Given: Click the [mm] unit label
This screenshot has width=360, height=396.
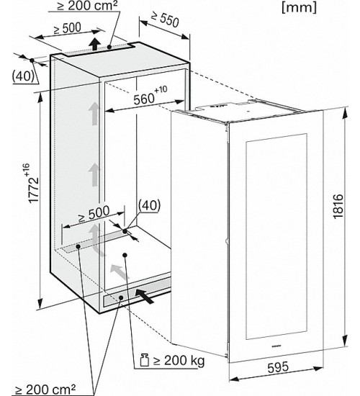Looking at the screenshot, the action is (299, 8).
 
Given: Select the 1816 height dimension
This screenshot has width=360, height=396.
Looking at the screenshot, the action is (338, 206).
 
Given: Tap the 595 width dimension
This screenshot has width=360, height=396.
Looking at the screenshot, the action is (278, 367).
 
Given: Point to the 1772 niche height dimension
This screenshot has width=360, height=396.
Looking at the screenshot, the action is (33, 184).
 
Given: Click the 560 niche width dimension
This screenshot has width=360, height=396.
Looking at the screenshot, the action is (150, 96).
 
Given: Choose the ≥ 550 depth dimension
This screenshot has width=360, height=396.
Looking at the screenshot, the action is (165, 19).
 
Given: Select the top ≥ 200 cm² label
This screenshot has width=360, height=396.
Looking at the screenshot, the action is (87, 6).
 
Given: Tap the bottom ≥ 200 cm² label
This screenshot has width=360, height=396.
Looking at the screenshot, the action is (45, 390).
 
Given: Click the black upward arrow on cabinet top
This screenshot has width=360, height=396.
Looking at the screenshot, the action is (94, 44).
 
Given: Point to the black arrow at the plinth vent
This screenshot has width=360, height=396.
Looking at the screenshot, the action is (145, 296).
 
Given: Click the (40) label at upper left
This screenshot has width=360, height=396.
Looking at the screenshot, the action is (23, 76).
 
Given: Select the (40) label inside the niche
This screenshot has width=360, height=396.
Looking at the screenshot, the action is (149, 205).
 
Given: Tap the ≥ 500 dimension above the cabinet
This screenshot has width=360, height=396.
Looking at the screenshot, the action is (67, 28).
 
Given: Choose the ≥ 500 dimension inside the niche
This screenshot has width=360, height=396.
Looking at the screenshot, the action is (94, 214).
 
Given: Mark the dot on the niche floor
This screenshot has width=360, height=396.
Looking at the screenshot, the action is (125, 255).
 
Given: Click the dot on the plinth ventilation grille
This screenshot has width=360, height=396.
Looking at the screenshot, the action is (121, 298).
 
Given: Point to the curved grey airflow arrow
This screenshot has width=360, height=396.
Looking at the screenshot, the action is (96, 238).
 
